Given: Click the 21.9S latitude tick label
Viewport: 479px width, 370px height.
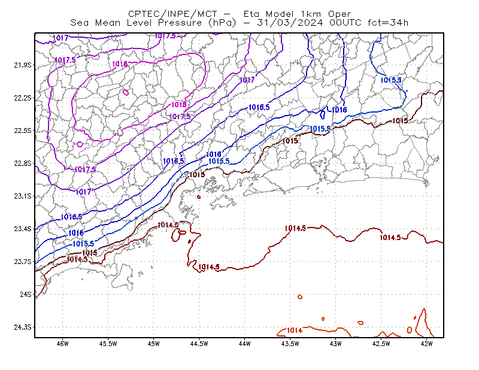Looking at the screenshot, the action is coord(23,65).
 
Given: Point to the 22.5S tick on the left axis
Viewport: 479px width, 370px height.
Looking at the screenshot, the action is coord(23,131).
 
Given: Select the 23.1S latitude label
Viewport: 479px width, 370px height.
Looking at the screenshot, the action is coord(23,196).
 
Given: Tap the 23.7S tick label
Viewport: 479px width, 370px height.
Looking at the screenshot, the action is coord(23,262).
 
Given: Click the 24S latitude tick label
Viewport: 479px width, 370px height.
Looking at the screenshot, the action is coord(26,294).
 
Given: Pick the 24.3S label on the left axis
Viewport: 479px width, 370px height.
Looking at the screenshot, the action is coord(23,327).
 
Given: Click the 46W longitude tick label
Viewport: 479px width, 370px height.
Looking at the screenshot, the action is coord(63,344).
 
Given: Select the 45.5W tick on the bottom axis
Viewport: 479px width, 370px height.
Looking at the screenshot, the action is coord(108,344).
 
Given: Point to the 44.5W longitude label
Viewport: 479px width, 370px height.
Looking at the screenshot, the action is coord(199,344).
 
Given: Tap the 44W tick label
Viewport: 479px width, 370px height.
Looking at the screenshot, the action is coord(245,344).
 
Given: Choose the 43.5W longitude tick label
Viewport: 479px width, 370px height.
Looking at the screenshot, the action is coord(290,344).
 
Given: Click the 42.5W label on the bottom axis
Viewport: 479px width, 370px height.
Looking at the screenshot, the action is coord(381,344).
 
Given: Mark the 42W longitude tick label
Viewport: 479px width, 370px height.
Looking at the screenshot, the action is coord(427,344).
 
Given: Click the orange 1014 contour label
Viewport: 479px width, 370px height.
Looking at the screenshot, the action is coord(295,330).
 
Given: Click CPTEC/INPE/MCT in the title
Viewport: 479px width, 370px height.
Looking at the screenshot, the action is coord(173,14).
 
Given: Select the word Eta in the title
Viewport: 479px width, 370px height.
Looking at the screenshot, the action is coord(251,14).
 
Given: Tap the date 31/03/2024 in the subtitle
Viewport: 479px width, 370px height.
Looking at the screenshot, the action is coord(290,23).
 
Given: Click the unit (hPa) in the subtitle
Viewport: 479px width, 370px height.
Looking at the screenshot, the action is coord(222,23).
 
